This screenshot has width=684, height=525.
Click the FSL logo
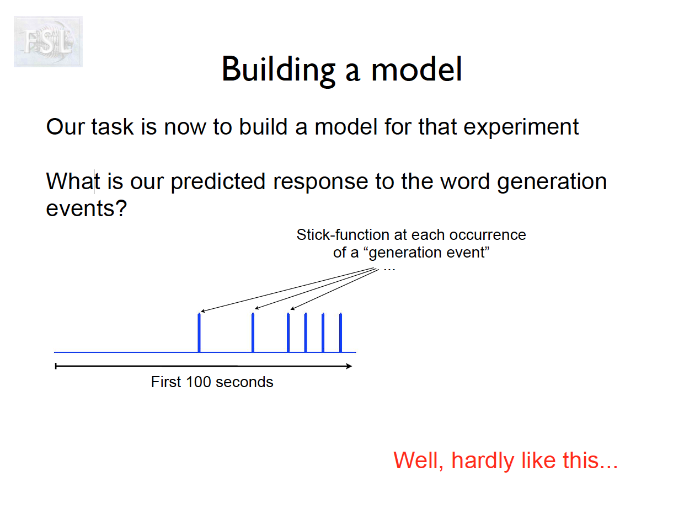[48, 41]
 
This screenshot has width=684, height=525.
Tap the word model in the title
[416, 69]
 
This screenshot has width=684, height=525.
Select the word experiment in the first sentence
[521, 128]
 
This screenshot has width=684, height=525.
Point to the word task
[113, 127]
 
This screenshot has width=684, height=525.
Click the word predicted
[218, 182]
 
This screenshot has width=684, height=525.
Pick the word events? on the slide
[86, 208]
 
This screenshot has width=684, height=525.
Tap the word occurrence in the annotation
[488, 235]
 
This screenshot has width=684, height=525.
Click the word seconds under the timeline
[244, 382]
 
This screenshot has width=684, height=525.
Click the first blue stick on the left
[199, 333]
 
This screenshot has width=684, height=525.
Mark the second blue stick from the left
[253, 333]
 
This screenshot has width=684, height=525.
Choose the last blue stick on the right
[340, 333]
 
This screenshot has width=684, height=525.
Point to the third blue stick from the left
[288, 333]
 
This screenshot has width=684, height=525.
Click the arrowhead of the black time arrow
[349, 366]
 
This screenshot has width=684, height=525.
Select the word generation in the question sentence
[552, 183]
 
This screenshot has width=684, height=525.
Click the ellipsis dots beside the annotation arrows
[389, 270]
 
